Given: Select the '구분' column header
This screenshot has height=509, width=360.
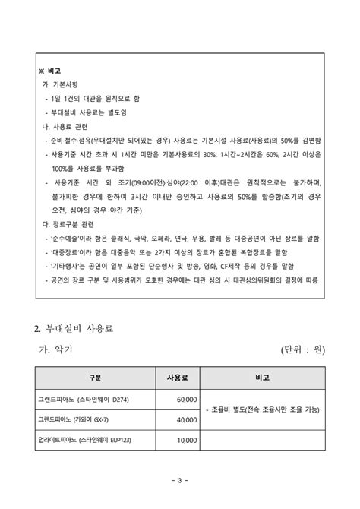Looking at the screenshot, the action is pos(94,378).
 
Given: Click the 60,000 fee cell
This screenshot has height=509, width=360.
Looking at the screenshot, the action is pos(186,399).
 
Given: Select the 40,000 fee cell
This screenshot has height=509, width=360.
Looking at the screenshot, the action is pos(186,419).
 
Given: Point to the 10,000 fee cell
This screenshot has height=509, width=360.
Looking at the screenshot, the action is pos(186,440).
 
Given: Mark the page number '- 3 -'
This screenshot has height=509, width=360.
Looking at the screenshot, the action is pos(180,480).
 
